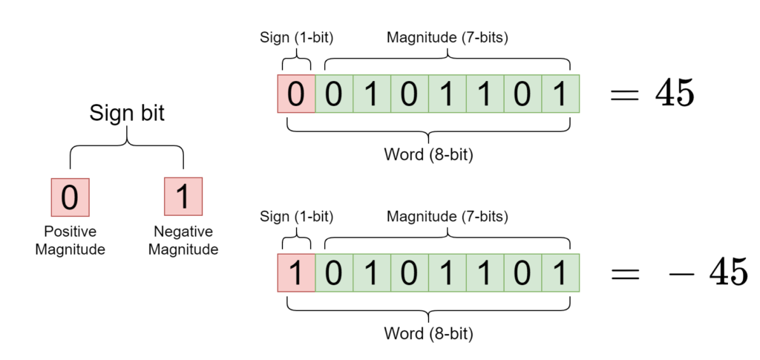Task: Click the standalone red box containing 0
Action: click(x=70, y=197)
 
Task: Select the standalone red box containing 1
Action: click(x=183, y=197)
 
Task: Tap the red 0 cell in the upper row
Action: click(x=296, y=94)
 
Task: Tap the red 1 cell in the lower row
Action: click(x=296, y=272)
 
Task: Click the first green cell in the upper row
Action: click(x=334, y=94)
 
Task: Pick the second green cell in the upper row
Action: click(x=372, y=94)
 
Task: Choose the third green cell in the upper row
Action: click(x=410, y=94)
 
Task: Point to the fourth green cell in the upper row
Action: click(x=448, y=94)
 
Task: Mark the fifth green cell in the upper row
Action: click(x=485, y=94)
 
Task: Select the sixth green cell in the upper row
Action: click(x=523, y=94)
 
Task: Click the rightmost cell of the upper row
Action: click(x=561, y=94)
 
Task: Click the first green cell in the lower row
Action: click(x=334, y=272)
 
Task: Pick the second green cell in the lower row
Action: click(x=372, y=272)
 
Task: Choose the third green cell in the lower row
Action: click(x=410, y=272)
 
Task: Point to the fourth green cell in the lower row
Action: click(x=448, y=272)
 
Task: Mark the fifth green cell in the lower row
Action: click(x=485, y=272)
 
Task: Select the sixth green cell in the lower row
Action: click(x=523, y=272)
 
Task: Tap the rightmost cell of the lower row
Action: click(x=561, y=272)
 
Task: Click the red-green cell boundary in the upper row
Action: click(x=315, y=94)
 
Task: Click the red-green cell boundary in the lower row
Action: click(x=315, y=272)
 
